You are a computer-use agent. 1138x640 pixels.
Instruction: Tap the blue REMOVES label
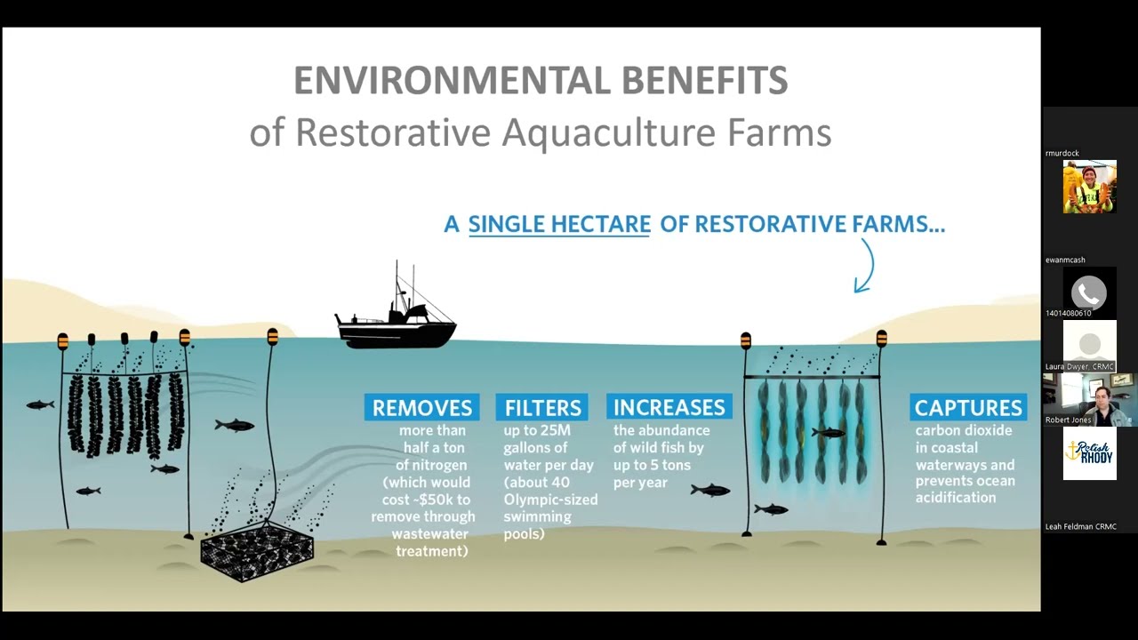click(x=421, y=408)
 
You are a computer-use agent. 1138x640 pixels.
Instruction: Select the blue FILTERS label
click(x=542, y=408)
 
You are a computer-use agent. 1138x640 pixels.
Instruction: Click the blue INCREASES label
click(x=669, y=407)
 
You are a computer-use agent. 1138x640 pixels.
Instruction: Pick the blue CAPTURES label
click(x=968, y=408)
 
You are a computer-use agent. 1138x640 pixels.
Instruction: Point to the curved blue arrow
click(x=864, y=266)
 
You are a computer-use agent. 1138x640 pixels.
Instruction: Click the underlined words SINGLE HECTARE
click(x=559, y=225)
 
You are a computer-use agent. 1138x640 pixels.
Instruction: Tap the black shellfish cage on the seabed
click(x=257, y=551)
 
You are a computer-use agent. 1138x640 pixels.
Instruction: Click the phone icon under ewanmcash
click(x=1089, y=292)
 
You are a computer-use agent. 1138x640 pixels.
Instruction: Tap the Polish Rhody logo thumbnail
click(x=1089, y=452)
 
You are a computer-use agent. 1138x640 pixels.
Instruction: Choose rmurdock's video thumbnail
click(x=1089, y=187)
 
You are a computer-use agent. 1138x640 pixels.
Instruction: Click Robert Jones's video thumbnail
click(x=1089, y=399)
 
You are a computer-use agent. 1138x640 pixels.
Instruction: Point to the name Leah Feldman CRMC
click(x=1080, y=527)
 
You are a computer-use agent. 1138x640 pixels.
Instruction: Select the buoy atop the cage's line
click(x=272, y=336)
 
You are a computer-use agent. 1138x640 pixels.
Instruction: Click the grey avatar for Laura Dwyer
click(x=1089, y=345)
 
